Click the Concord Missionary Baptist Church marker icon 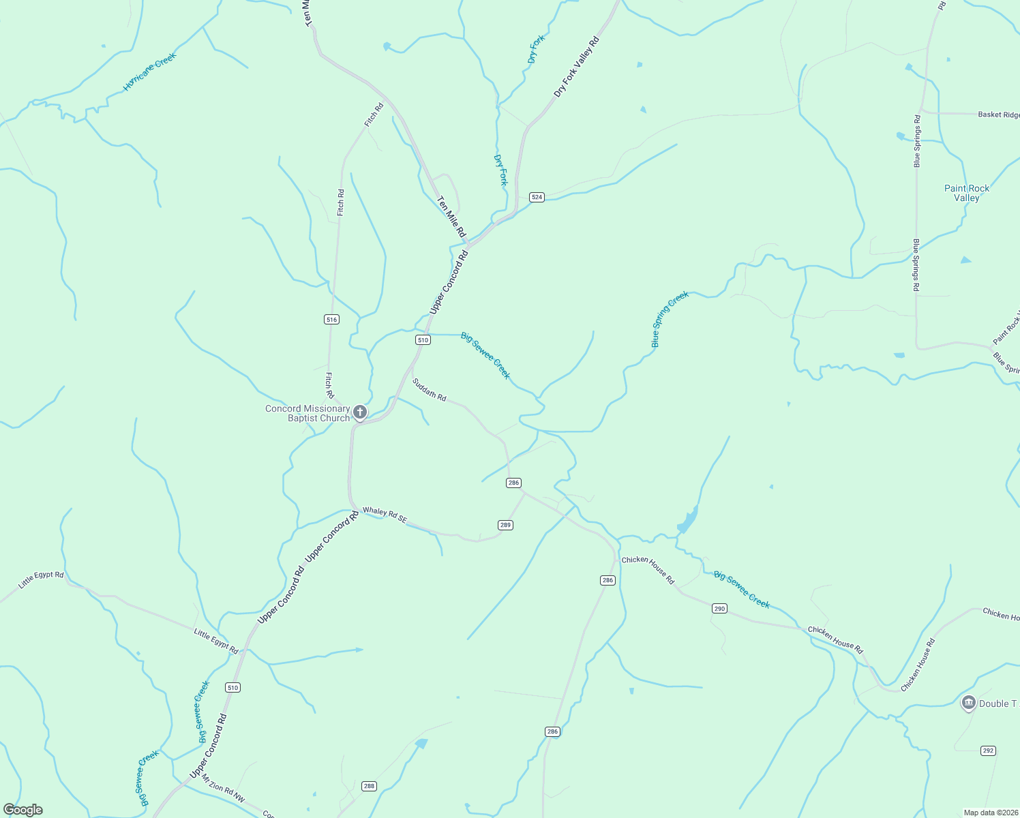point(360,412)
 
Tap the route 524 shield point(537,197)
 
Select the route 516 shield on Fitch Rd point(331,319)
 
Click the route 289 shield point(505,525)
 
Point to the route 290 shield point(719,608)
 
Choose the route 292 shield point(988,751)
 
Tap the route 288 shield point(369,786)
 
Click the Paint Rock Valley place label point(966,193)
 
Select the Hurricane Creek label point(149,72)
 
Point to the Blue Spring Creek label point(670,319)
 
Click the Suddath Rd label point(429,389)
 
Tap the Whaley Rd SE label point(385,515)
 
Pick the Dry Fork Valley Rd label point(576,67)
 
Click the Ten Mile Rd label point(451,217)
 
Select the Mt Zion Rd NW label point(223,787)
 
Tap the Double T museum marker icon point(968,703)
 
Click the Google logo point(22,810)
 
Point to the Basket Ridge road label point(998,115)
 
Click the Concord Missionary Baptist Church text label point(307,413)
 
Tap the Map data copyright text point(991,813)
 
